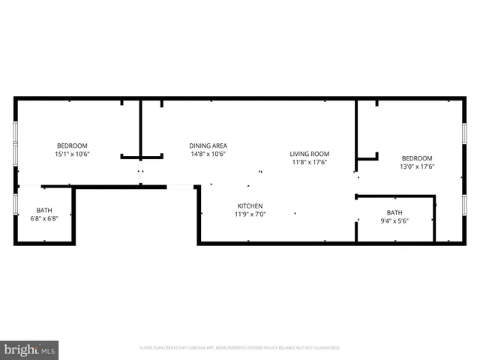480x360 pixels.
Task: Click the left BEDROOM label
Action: pos(73,145)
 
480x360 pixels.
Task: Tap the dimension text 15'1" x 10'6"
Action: pos(73,154)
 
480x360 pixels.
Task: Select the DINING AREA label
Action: pos(208,145)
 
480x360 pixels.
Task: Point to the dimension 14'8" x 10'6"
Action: pos(208,154)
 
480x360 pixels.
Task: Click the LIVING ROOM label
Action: pos(310,154)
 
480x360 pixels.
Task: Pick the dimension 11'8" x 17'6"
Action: pos(310,162)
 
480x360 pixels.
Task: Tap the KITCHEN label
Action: pos(250,206)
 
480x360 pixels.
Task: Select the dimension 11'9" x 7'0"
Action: pos(250,214)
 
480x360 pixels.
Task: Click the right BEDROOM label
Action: pos(417,158)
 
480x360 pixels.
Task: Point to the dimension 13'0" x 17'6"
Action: pos(417,166)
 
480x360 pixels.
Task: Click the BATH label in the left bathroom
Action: pos(44,211)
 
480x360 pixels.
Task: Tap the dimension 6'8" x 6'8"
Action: pos(44,219)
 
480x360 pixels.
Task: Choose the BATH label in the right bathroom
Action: pos(394,212)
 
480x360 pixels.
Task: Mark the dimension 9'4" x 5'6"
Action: pos(394,220)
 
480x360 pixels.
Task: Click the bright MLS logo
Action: pos(30,349)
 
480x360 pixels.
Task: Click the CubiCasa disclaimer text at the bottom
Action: pos(240,348)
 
